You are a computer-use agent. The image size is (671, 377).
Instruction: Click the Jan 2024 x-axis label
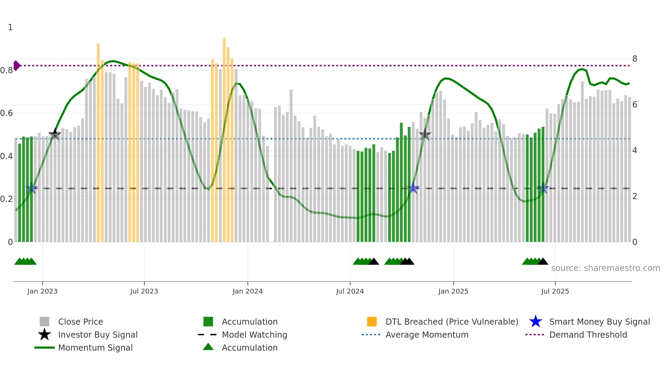click(248, 291)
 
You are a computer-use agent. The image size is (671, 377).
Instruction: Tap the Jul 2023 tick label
click(144, 291)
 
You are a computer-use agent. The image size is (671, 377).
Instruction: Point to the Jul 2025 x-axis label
click(555, 291)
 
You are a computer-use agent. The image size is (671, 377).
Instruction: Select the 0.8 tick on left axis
click(7, 70)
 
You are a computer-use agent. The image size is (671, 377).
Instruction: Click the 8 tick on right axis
click(635, 59)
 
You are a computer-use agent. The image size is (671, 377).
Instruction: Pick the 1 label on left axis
click(10, 27)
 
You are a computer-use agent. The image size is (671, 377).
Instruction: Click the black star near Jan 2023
click(55, 134)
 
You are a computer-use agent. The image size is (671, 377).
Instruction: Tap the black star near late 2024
click(425, 134)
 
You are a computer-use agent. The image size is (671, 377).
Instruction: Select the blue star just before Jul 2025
click(543, 188)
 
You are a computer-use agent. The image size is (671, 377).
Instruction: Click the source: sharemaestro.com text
click(605, 268)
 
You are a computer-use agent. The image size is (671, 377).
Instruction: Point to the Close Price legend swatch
click(45, 322)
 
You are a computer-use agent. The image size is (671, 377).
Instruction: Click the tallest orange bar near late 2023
click(224, 137)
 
